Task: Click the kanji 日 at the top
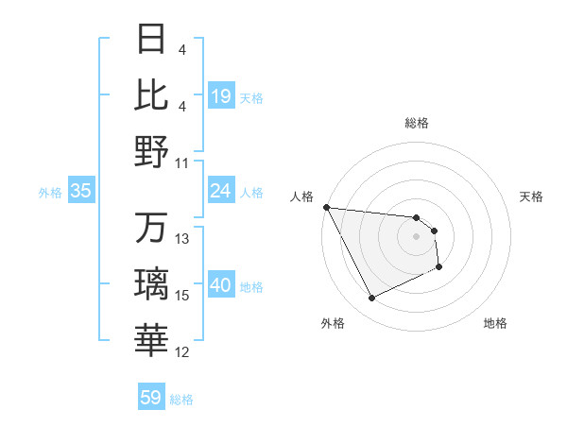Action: pyautogui.click(x=152, y=40)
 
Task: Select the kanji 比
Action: pyautogui.click(x=152, y=94)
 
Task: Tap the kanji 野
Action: pyautogui.click(x=152, y=151)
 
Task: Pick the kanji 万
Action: pyautogui.click(x=152, y=229)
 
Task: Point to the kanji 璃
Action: pyautogui.click(x=152, y=284)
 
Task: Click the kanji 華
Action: pyautogui.click(x=152, y=341)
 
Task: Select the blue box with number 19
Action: pyautogui.click(x=220, y=96)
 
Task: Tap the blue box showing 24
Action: pyautogui.click(x=220, y=192)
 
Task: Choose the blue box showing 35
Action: pyautogui.click(x=80, y=192)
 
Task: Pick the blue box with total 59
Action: pyautogui.click(x=151, y=398)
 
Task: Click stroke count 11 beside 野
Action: pyautogui.click(x=183, y=162)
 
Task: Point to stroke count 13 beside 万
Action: pyautogui.click(x=183, y=239)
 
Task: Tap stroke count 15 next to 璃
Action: pyautogui.click(x=183, y=296)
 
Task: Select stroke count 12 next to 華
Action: pyautogui.click(x=183, y=352)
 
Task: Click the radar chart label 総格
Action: pyautogui.click(x=417, y=123)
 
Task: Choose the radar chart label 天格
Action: pyautogui.click(x=531, y=196)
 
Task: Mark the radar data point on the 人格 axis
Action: pyautogui.click(x=326, y=207)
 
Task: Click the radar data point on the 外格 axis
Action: pyautogui.click(x=371, y=299)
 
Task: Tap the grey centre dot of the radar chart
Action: pyautogui.click(x=417, y=237)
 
